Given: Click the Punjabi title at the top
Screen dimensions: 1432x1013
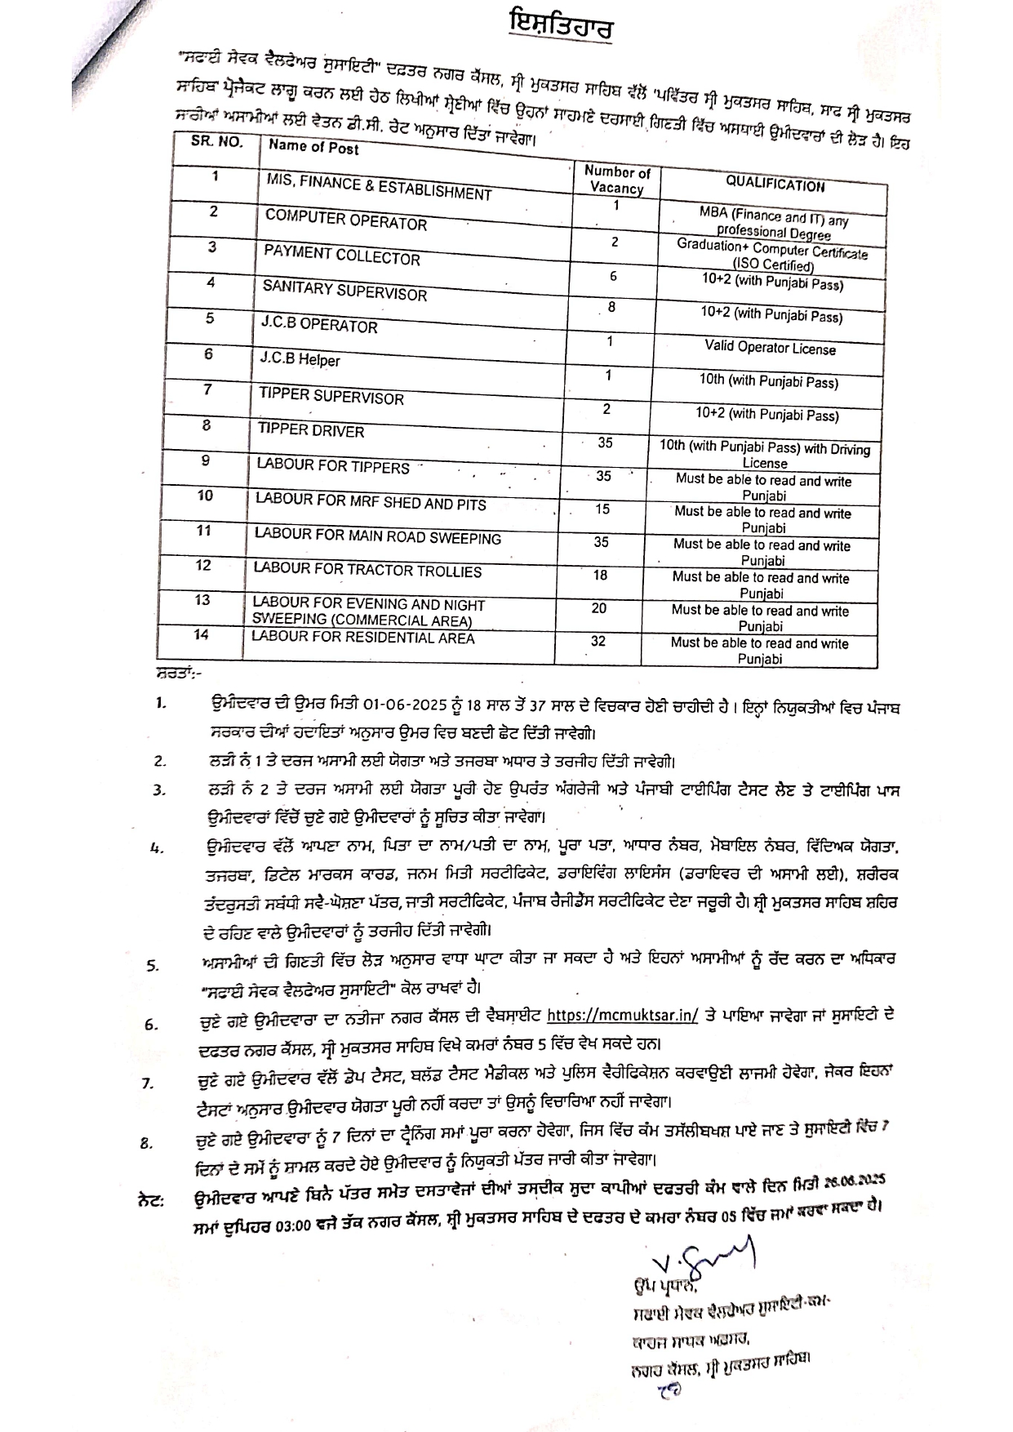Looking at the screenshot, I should (x=559, y=26).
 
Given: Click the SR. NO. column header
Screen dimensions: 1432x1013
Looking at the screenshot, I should (x=217, y=141).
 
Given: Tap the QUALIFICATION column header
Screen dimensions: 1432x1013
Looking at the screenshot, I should (x=775, y=185).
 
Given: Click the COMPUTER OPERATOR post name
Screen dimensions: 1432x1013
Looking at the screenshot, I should (x=346, y=220).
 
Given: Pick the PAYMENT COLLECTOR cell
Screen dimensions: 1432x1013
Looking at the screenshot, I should (x=342, y=256).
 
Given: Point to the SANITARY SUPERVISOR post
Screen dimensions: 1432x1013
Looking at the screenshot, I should (x=344, y=291).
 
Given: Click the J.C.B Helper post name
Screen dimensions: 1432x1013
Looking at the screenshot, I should (x=300, y=359).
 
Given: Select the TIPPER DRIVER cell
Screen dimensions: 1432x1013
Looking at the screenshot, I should (x=311, y=430).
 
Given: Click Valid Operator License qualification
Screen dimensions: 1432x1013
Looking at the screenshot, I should (x=770, y=349).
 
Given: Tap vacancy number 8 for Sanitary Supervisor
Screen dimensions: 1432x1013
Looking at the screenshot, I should (x=611, y=308).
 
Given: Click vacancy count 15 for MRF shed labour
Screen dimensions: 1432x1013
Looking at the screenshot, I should (x=602, y=509).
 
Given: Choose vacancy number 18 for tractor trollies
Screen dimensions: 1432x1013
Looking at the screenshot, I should (x=600, y=576).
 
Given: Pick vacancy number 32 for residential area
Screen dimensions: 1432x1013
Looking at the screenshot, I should (x=598, y=641).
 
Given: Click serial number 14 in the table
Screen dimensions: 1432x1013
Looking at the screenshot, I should (x=202, y=634).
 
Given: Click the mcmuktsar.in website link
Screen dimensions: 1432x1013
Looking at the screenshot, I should (x=622, y=1016).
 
